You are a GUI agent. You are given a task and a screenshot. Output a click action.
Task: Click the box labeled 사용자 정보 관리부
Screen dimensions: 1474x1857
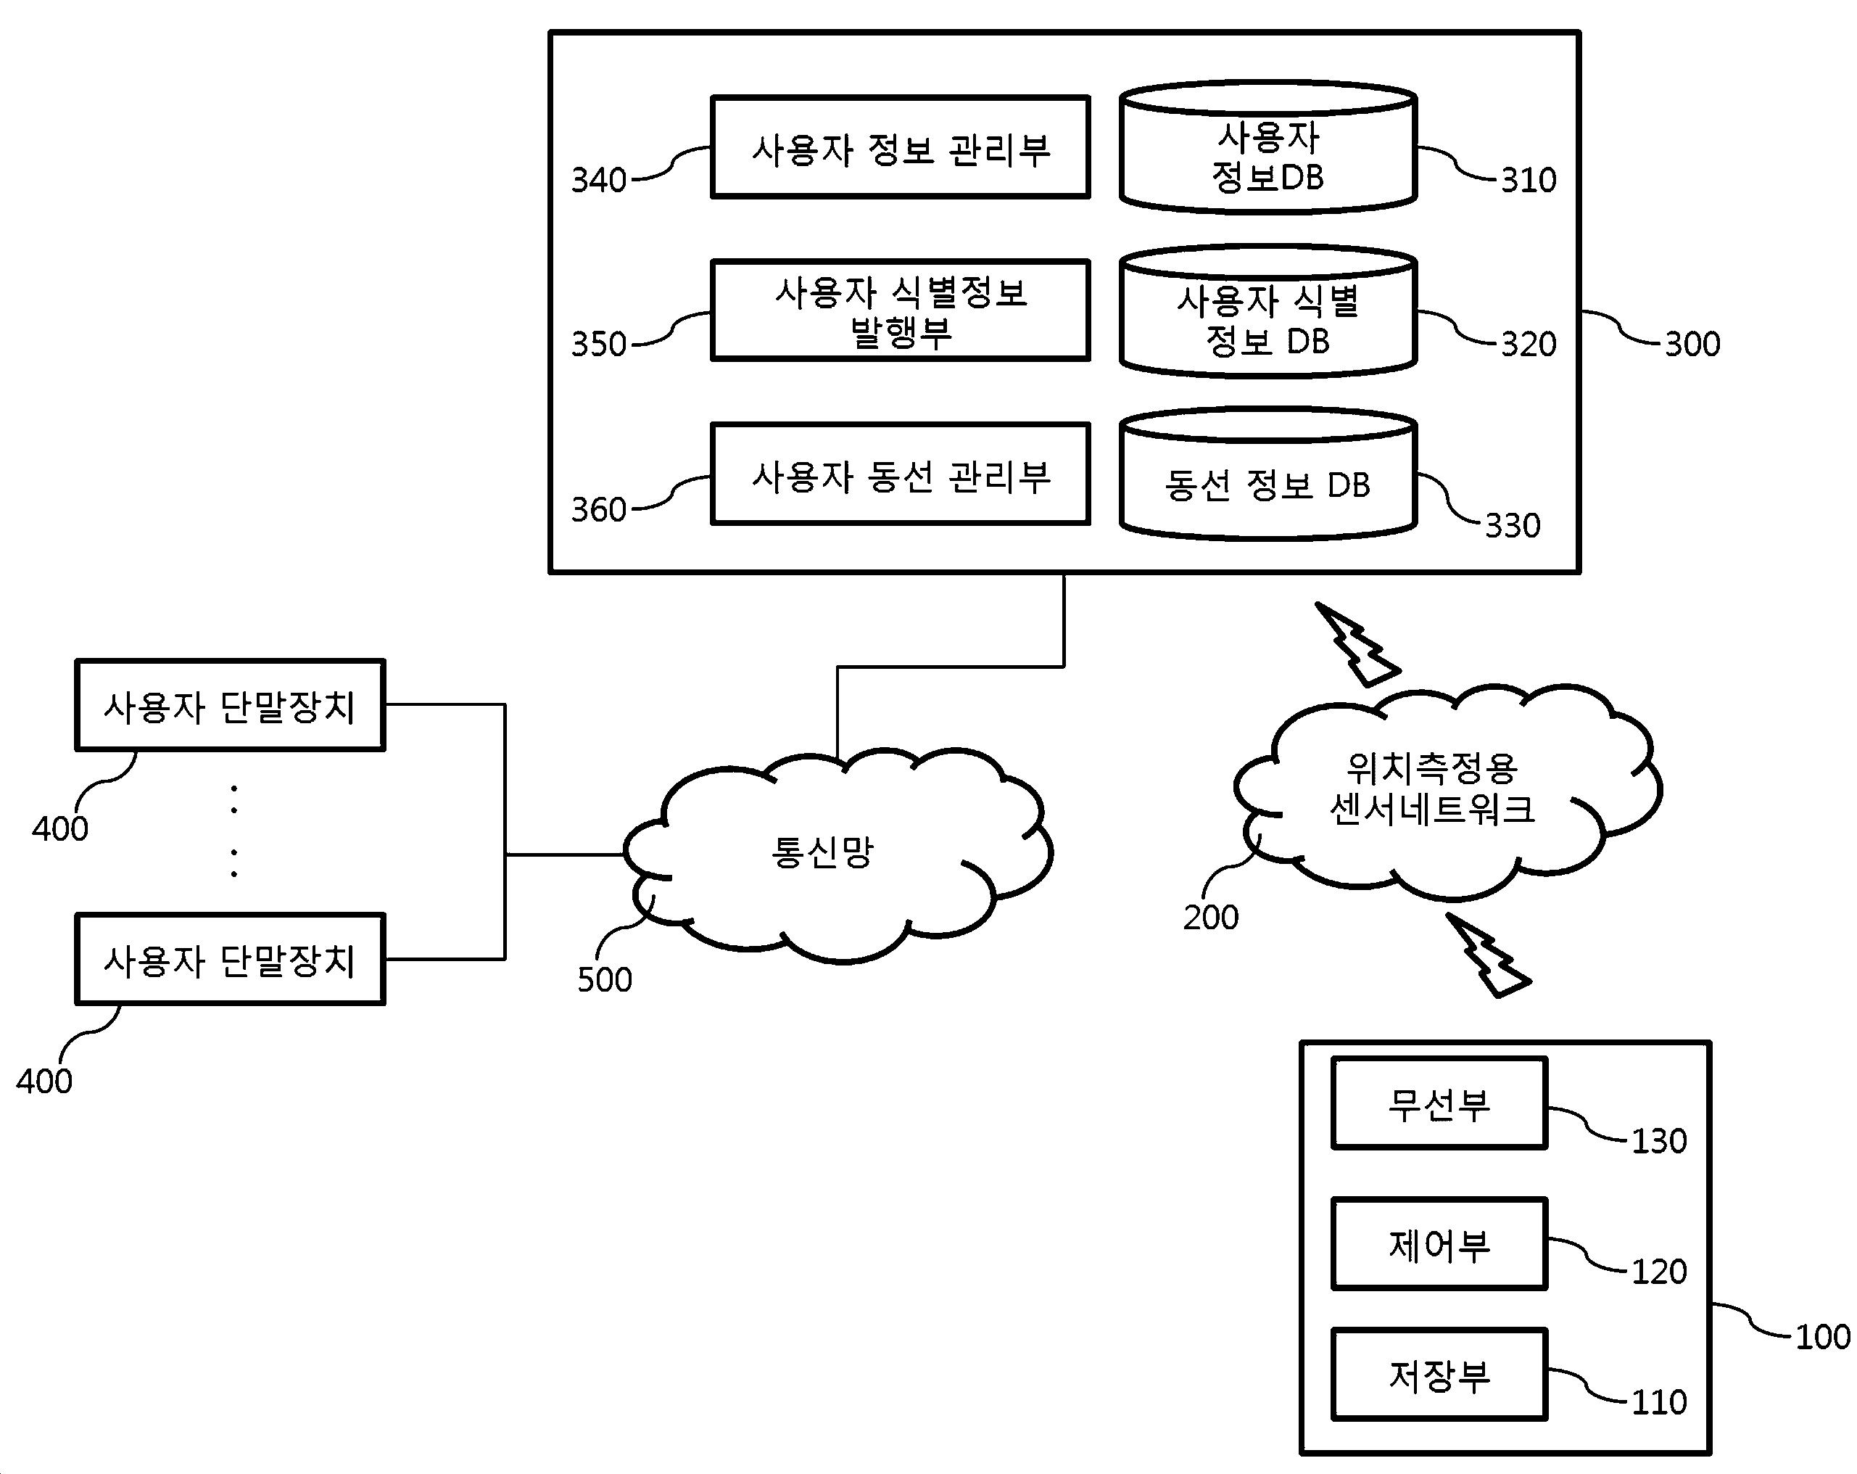pyautogui.click(x=900, y=147)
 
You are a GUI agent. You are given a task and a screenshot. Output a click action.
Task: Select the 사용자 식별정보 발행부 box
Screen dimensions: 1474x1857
pyautogui.click(x=900, y=310)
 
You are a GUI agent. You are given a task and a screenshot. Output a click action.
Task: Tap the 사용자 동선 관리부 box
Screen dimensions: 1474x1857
pyautogui.click(x=900, y=474)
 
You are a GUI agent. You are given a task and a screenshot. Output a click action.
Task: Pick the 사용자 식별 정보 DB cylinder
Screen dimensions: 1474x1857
pyautogui.click(x=1268, y=318)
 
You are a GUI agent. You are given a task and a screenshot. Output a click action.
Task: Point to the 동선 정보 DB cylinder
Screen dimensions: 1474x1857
pyautogui.click(x=1268, y=482)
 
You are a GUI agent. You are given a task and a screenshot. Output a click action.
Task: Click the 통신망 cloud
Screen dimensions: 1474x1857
pyautogui.click(x=822, y=853)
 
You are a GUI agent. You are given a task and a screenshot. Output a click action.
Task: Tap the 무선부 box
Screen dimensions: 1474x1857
pyautogui.click(x=1439, y=1103)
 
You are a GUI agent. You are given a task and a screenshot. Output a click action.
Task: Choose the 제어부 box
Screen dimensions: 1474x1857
pyautogui.click(x=1439, y=1244)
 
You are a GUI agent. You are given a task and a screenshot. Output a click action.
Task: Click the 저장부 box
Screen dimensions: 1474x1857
pyautogui.click(x=1439, y=1375)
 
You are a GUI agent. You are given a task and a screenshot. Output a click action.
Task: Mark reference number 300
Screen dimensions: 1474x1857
pyautogui.click(x=1692, y=345)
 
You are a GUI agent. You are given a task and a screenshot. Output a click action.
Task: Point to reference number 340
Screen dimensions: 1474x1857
pyautogui.click(x=599, y=181)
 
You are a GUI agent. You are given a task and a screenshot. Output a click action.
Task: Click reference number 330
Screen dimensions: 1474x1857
pyautogui.click(x=1513, y=525)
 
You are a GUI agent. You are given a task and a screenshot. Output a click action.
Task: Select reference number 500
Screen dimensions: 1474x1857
pyautogui.click(x=605, y=980)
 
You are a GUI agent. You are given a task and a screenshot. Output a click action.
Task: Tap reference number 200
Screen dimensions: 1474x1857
pyautogui.click(x=1211, y=918)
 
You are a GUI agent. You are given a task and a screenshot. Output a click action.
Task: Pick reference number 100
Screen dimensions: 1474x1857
pyautogui.click(x=1822, y=1337)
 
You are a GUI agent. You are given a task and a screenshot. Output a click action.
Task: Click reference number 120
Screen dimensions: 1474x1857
pyautogui.click(x=1659, y=1272)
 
